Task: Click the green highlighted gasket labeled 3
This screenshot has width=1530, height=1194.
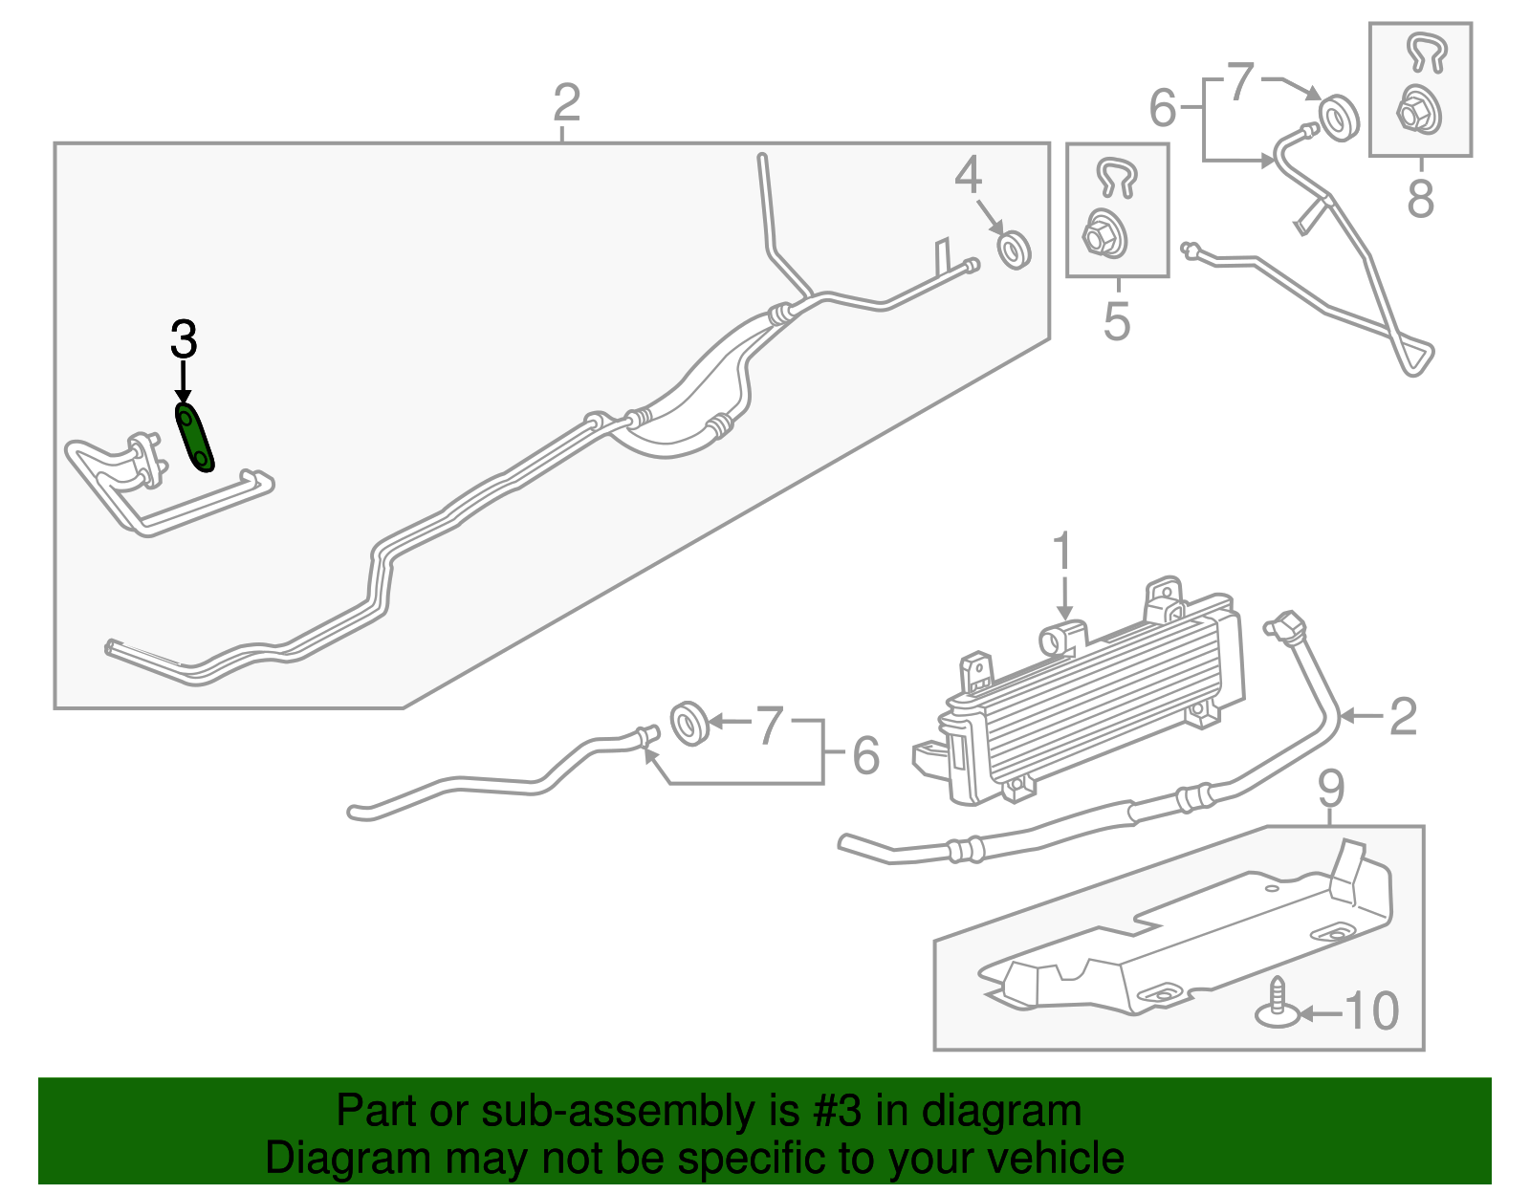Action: [x=194, y=438]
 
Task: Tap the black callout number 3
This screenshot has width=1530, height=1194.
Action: [x=184, y=339]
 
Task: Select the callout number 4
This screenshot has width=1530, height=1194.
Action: [x=968, y=175]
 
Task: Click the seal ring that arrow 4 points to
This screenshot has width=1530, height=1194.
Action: [x=1015, y=250]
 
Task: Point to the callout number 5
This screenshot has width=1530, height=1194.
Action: [x=1117, y=321]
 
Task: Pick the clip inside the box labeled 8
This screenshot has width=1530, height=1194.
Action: [x=1426, y=54]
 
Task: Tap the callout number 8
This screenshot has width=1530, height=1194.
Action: [x=1420, y=199]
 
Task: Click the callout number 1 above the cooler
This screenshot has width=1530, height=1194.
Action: [x=1062, y=553]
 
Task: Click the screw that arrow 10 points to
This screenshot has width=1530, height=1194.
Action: [x=1278, y=1004]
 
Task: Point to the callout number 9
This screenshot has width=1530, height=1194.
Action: [x=1331, y=790]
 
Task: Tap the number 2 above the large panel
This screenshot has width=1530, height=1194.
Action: [x=567, y=102]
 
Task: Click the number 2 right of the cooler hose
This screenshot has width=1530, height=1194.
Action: [x=1403, y=718]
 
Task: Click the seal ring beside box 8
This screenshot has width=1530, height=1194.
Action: [x=1339, y=119]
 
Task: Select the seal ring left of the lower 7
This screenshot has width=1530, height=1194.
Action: [x=690, y=724]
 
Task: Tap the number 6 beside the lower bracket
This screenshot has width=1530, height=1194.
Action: [x=866, y=755]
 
